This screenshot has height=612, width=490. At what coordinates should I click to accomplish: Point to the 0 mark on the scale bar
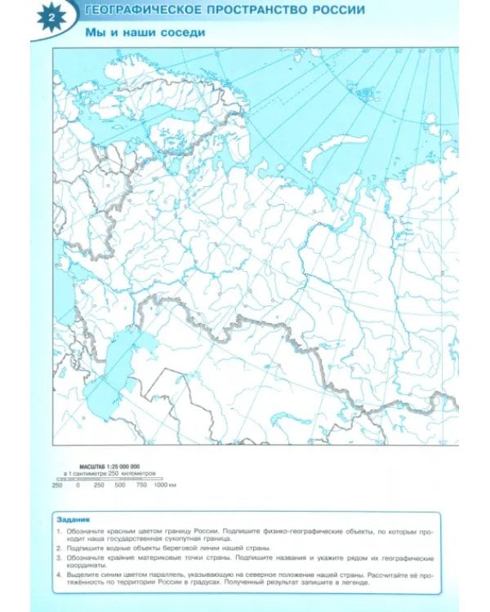78,486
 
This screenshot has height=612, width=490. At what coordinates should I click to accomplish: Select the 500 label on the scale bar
120,486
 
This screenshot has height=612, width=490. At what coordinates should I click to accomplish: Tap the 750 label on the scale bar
142,486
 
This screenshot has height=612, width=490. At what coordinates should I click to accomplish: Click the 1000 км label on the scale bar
166,486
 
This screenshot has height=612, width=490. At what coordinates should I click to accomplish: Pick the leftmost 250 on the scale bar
57,486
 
